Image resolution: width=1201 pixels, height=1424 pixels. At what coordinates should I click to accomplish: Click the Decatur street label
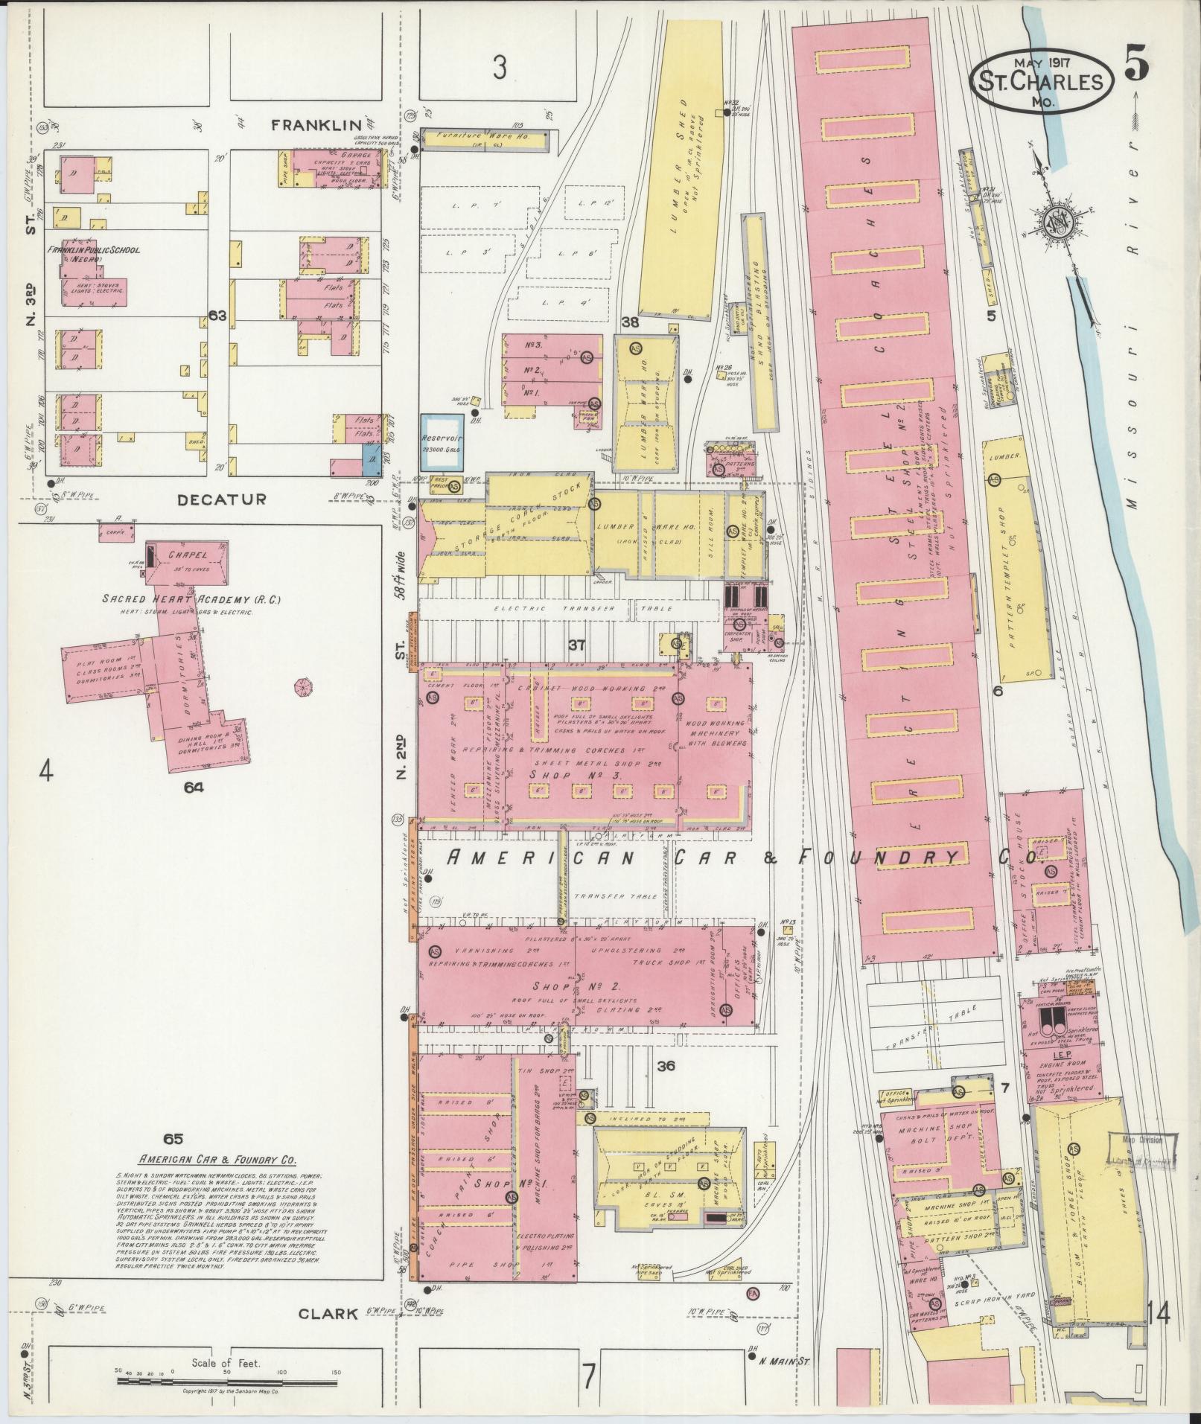pos(220,499)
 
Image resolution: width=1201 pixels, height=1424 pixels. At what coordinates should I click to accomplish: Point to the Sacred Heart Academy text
pos(177,599)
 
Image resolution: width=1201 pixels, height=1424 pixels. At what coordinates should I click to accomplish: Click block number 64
pos(194,787)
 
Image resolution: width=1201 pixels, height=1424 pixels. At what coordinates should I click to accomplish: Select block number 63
pos(217,316)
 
